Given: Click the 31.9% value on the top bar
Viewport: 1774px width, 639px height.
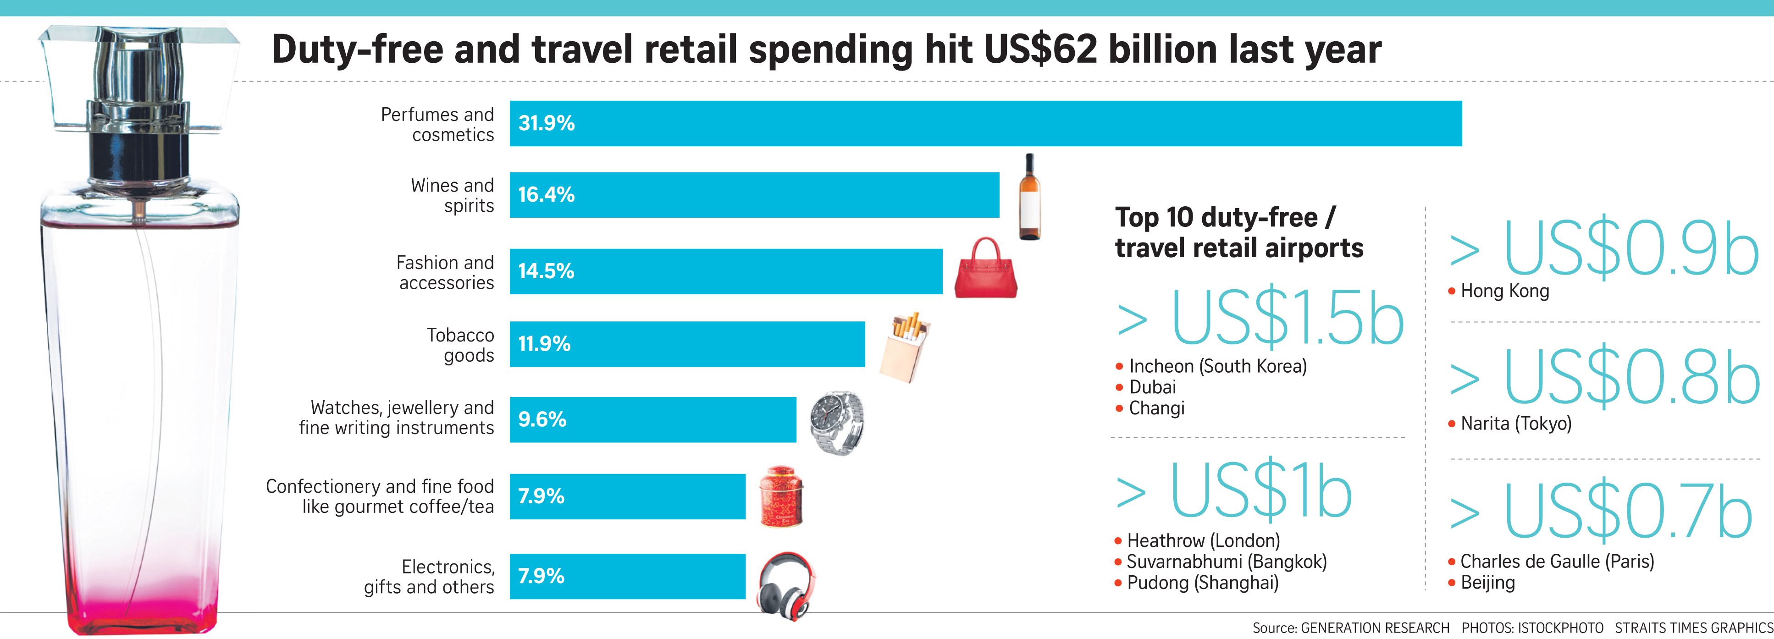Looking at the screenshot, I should click(546, 123).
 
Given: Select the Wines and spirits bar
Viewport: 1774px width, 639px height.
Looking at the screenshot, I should click(754, 195).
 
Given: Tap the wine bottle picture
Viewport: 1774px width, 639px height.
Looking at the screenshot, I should click(1029, 197).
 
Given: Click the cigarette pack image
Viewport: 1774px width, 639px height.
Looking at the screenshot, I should click(905, 347).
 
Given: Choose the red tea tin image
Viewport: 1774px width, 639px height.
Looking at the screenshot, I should click(781, 496).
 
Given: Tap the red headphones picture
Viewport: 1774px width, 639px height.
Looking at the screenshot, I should click(786, 586).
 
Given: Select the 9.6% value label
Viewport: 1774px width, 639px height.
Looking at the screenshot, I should click(542, 419).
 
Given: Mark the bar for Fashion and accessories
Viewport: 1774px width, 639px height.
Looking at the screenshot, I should click(726, 271).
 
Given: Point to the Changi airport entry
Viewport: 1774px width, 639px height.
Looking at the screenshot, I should click(1156, 408).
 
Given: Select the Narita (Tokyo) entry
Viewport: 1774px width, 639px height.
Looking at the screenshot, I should click(1516, 424).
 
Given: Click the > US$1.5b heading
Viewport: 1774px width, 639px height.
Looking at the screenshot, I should click(1260, 318).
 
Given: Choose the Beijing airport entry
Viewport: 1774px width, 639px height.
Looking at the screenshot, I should click(1487, 583).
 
